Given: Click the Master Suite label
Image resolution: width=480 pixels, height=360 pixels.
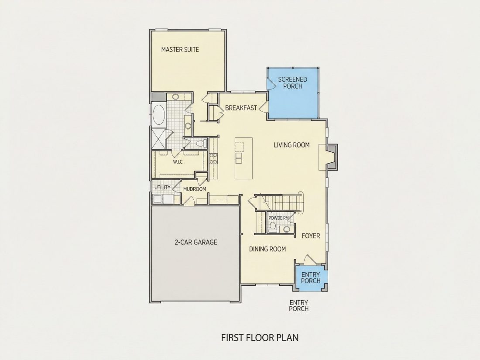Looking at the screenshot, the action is [180, 50].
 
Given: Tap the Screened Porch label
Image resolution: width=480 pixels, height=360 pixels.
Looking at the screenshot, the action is [293, 82].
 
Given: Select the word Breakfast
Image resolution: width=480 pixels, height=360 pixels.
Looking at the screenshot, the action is [241, 108].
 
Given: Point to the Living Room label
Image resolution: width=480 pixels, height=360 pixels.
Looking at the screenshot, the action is [291, 145].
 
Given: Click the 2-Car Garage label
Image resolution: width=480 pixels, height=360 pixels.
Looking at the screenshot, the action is [196, 243].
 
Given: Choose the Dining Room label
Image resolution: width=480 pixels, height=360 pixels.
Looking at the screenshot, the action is [267, 249].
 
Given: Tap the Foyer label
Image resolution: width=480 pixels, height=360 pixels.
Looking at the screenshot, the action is [311, 236].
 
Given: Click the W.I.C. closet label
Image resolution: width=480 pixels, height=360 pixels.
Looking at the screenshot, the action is [178, 162].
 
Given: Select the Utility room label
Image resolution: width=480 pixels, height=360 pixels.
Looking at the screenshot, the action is [162, 187].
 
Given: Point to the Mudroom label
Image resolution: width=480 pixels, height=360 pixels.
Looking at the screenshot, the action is [195, 189].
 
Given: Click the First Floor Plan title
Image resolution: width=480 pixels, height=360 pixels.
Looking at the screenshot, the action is [260, 338].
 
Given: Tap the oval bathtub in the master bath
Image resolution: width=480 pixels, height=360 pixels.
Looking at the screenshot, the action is [158, 114].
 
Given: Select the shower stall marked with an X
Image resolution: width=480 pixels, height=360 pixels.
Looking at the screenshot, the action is [158, 139].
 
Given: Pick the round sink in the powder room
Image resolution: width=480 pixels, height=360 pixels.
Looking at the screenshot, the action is [287, 229].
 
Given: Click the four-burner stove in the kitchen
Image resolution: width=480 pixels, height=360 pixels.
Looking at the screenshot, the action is [213, 158].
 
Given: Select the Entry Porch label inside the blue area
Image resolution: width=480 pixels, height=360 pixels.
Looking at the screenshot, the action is [310, 278].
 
